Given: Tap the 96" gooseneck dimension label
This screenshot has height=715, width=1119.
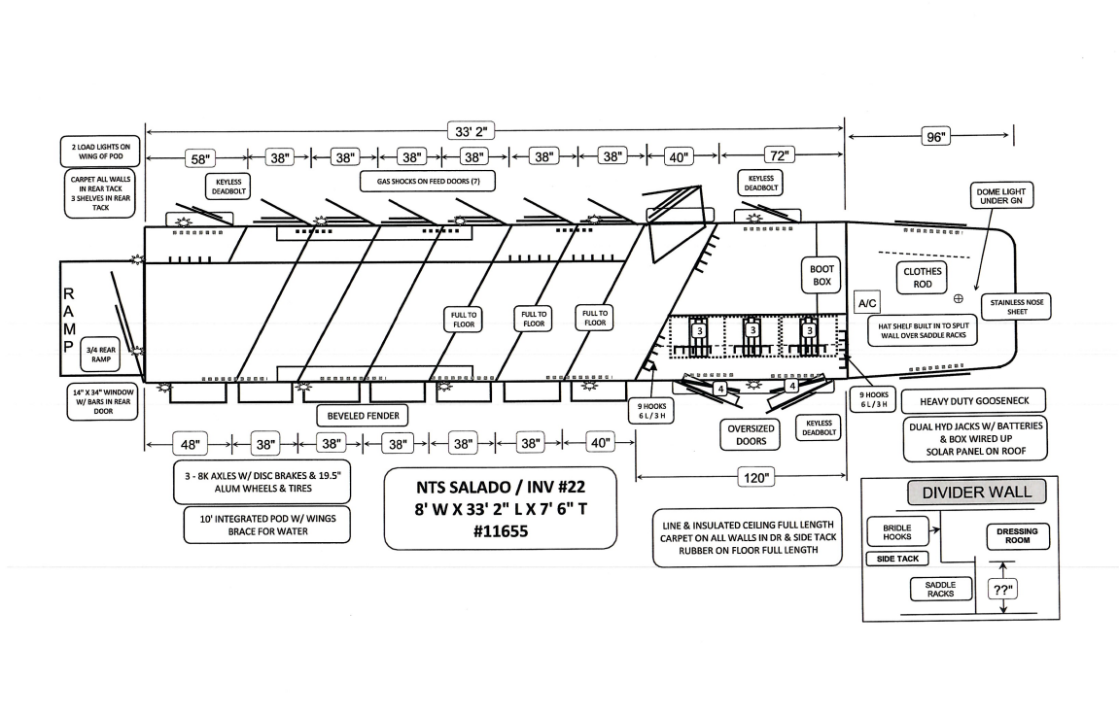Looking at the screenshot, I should [x=935, y=137].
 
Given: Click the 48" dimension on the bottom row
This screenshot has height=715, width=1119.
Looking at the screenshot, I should [x=191, y=444].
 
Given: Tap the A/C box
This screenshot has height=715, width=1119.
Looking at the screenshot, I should [x=866, y=302].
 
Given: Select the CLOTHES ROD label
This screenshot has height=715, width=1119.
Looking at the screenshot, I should [x=922, y=279].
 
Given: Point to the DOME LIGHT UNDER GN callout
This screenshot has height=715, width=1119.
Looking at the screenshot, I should [x=999, y=197].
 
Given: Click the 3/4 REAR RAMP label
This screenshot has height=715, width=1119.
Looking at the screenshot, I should [x=101, y=356].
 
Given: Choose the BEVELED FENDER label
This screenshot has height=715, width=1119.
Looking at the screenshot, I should [x=360, y=416].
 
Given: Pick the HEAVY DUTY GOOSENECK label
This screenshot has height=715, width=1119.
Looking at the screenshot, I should [x=974, y=401].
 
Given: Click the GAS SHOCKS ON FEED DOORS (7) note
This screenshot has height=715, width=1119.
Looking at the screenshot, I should [x=428, y=181].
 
